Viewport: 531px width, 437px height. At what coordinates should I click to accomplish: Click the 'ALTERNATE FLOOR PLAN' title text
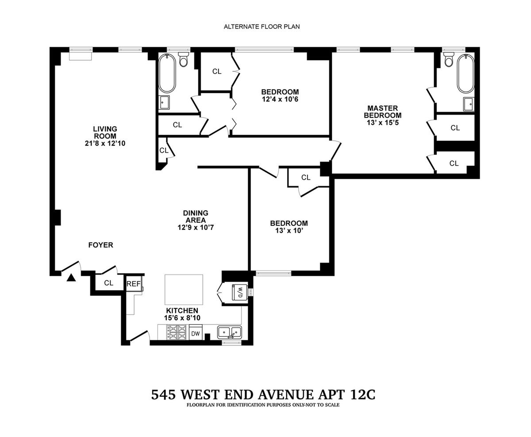click(x=262, y=27)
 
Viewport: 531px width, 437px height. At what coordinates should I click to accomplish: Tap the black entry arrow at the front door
click(x=71, y=278)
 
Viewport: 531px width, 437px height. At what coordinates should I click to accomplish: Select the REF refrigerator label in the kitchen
click(x=134, y=284)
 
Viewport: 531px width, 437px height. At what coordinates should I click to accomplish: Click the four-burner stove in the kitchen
click(x=176, y=332)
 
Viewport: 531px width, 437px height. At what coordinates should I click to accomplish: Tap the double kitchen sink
click(x=229, y=332)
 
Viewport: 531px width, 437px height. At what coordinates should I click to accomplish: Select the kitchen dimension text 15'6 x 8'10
click(x=182, y=318)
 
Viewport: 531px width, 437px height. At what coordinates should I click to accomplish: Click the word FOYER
click(x=101, y=245)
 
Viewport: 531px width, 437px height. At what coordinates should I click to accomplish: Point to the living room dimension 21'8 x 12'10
click(x=105, y=143)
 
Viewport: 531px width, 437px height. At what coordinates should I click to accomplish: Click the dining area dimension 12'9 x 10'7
click(x=196, y=228)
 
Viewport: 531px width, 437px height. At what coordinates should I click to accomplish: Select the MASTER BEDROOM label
click(x=383, y=112)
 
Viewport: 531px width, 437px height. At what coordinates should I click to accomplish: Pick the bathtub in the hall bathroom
click(x=167, y=73)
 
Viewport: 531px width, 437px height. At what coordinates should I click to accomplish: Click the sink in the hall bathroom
click(x=164, y=102)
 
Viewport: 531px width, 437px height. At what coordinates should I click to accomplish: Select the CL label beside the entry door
click(x=108, y=283)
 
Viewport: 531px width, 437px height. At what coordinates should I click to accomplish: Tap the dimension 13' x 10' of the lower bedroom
click(x=289, y=231)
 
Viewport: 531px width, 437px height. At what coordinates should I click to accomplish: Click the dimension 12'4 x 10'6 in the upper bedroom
click(x=280, y=99)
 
